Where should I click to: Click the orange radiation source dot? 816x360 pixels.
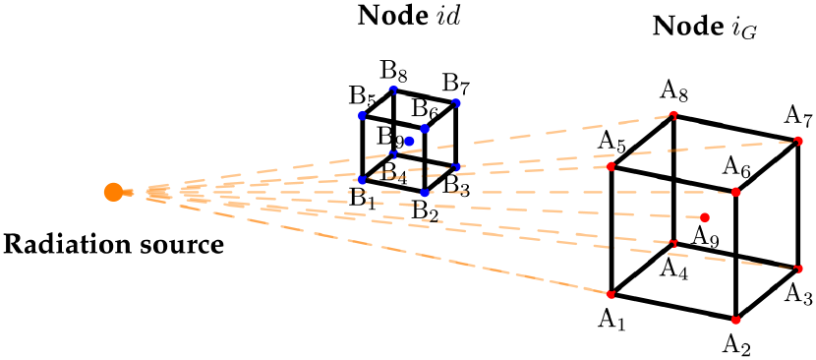[113, 192]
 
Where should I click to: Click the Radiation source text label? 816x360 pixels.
[114, 242]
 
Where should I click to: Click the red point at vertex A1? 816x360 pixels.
[611, 294]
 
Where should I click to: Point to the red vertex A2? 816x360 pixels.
[735, 320]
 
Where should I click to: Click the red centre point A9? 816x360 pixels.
[705, 216]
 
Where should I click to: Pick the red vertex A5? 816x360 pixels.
[611, 166]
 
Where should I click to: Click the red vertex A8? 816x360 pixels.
[673, 116]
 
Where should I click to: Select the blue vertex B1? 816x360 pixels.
[362, 179]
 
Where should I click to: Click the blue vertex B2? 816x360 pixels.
[425, 192]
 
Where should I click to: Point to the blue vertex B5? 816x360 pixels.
[362, 116]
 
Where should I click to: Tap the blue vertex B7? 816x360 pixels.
[456, 102]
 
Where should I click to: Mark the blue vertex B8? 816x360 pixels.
[393, 90]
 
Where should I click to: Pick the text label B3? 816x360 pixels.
[455, 183]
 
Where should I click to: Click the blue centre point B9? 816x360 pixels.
[409, 141]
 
